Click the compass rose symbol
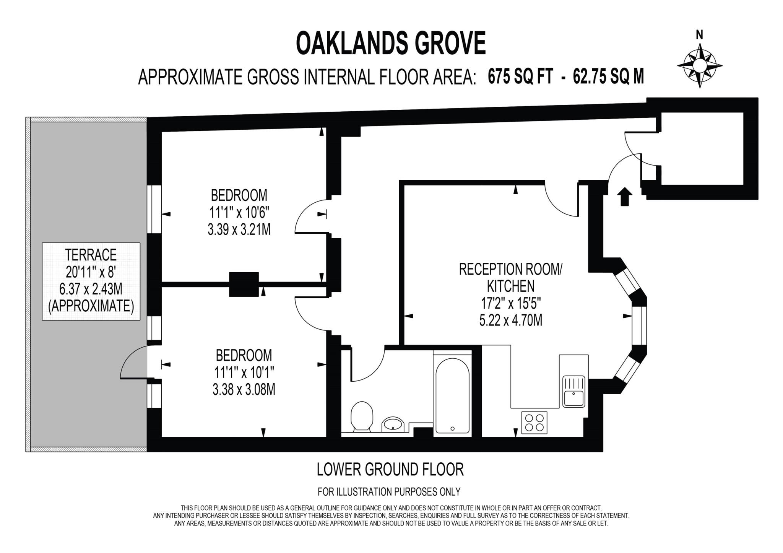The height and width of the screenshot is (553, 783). (x=700, y=65)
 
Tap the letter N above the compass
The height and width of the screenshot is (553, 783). (x=699, y=35)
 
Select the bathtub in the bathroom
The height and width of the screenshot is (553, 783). (x=452, y=395)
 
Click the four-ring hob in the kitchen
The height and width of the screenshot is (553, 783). (x=534, y=423)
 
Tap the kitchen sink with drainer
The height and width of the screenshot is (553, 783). (x=573, y=391)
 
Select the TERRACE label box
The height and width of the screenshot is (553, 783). (x=91, y=281)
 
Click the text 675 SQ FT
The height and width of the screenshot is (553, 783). (x=520, y=76)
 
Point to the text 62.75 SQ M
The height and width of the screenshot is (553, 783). (x=608, y=76)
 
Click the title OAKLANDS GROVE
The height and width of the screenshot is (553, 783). (x=391, y=43)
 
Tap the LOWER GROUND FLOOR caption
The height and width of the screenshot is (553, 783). (x=390, y=469)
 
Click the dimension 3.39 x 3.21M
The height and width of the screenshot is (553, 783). (x=239, y=229)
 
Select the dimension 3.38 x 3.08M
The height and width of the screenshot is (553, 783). (x=244, y=390)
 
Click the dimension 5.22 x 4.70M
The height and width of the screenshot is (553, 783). (x=510, y=320)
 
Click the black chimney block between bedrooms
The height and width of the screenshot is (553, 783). (x=244, y=284)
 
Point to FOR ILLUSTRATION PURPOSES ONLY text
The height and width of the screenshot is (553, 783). (x=389, y=491)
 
